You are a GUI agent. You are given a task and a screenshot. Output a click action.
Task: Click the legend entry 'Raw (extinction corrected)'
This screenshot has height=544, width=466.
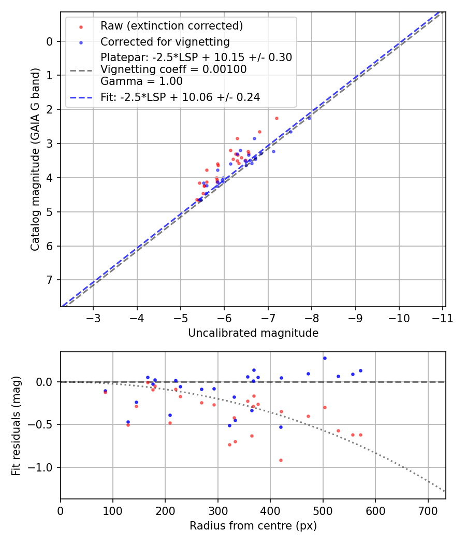coord(171,26)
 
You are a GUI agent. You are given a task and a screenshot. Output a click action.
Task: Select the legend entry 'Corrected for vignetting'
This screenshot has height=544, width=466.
coord(165,41)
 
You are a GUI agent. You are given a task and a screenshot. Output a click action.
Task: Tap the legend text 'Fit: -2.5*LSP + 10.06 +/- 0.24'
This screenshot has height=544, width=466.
coord(180,97)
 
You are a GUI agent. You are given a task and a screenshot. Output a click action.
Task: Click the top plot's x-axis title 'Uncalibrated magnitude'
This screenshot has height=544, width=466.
coord(253,333)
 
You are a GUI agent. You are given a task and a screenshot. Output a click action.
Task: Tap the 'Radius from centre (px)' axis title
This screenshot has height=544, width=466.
coord(253,526)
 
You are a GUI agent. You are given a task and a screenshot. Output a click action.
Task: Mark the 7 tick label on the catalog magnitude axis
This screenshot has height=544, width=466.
coord(50,280)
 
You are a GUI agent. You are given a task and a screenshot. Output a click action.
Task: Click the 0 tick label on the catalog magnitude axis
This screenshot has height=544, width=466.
coord(50,41)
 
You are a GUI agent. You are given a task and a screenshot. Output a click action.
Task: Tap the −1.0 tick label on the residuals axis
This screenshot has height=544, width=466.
coord(44,467)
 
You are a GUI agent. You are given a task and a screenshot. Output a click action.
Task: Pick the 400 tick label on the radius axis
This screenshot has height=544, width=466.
coord(270,511)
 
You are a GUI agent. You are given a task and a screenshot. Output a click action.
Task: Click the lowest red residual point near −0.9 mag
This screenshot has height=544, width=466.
coord(281,460)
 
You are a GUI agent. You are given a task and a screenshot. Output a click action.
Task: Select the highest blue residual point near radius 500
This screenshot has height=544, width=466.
coord(325,358)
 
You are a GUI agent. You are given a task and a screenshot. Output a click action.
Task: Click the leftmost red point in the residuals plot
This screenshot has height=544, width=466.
coord(105,392)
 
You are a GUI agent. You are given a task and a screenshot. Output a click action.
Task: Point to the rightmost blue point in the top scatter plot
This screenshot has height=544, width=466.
coord(309,118)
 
